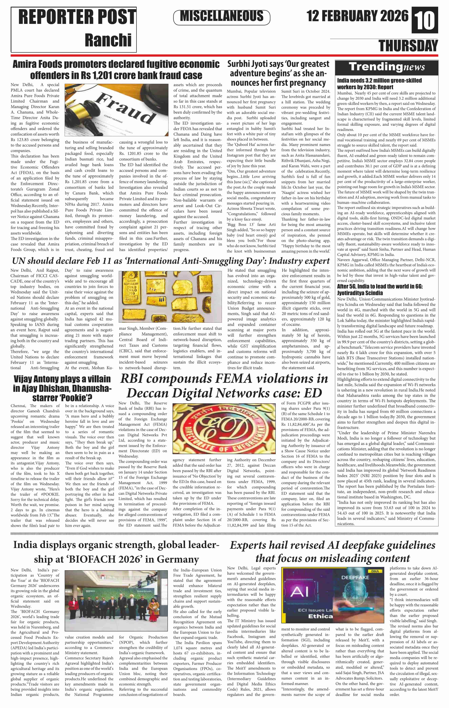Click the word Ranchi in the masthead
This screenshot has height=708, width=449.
click(x=108, y=40)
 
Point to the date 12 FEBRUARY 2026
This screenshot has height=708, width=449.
click(x=357, y=16)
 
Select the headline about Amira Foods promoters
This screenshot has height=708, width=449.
click(x=116, y=70)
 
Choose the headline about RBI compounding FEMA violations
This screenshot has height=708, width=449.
click(x=224, y=385)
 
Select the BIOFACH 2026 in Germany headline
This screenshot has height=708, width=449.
click(x=116, y=552)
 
